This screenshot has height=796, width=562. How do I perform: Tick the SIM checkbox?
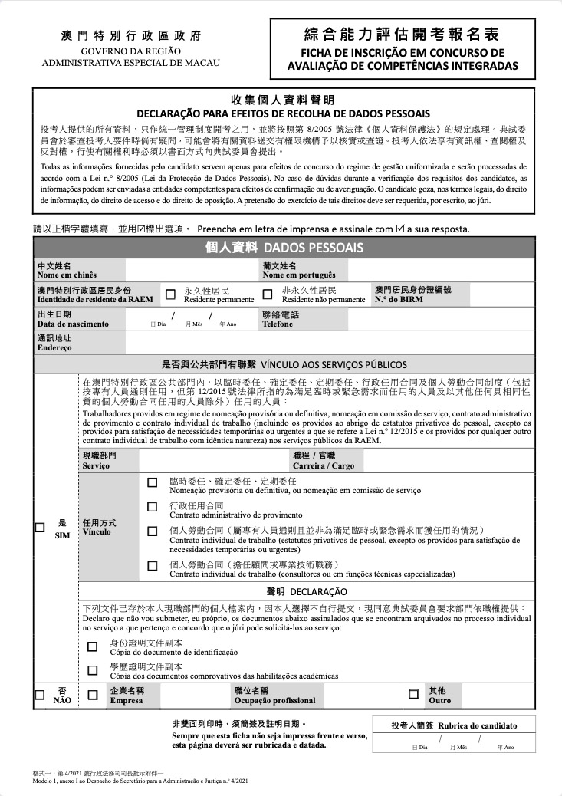pos(40,527)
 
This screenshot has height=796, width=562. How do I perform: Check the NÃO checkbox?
pos(40,695)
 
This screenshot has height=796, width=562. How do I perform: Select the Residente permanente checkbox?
pos(170,294)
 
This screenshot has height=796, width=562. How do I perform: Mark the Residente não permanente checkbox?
pos(268,294)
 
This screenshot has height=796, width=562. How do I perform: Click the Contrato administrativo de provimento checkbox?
pos(152,507)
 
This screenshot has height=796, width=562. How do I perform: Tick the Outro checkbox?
pos(413,695)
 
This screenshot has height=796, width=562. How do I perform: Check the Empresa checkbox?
pos(93,695)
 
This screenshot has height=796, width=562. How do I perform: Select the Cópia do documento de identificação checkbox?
pos(93,646)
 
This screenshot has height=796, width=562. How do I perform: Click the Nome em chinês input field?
pos(192,269)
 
